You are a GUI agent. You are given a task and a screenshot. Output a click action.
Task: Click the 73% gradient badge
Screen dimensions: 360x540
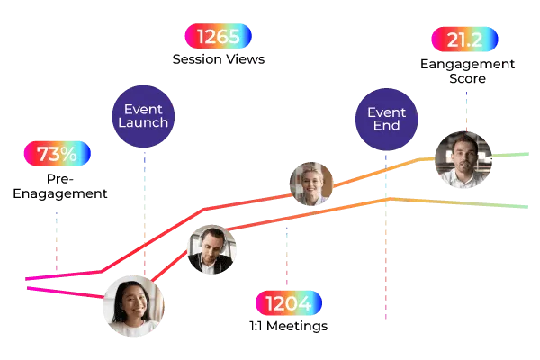point(57,154)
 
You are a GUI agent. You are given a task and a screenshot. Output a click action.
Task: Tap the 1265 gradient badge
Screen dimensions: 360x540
point(217,37)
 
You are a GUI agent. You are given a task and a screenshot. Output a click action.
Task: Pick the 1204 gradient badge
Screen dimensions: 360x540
point(288,302)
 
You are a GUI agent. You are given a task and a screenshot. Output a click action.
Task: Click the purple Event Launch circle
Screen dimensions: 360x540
point(143,115)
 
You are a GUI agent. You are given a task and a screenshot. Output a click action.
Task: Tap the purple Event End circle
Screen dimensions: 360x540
point(384,121)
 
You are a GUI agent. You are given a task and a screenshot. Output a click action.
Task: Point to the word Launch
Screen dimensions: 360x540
point(143,123)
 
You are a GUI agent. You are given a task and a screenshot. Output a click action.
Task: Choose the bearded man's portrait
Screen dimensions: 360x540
point(463,160)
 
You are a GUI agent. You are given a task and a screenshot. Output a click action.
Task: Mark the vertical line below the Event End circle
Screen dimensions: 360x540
point(386,234)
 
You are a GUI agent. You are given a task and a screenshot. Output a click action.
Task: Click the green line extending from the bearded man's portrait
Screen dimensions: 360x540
point(511,155)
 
